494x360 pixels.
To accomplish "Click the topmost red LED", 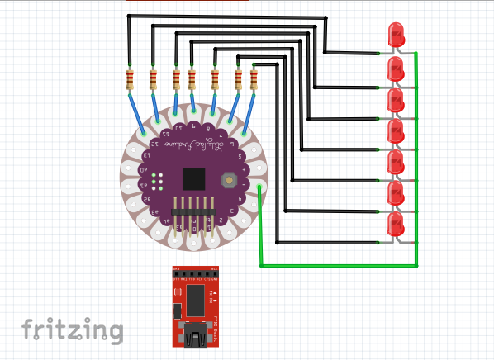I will [396, 36].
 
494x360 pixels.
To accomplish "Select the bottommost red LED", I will [396, 223].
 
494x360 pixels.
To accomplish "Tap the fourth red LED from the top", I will [396, 130].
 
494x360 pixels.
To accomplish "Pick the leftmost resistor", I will [130, 79].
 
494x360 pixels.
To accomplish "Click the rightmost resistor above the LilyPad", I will [254, 79].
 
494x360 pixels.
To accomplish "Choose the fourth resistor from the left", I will [192, 79].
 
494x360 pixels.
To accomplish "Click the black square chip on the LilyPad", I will [193, 178].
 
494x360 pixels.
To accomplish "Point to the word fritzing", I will [73, 329].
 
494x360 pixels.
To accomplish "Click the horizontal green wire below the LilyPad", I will [339, 267].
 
